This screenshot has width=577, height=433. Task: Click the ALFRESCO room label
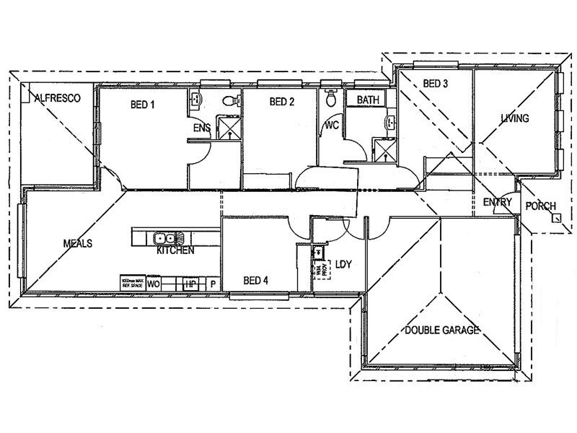(x=56, y=97)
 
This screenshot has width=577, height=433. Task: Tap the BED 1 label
(x=142, y=105)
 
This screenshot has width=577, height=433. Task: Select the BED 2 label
(x=282, y=102)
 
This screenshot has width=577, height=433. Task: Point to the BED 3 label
(x=436, y=84)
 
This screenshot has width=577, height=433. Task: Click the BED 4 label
(x=256, y=281)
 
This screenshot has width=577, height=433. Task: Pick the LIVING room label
(x=515, y=118)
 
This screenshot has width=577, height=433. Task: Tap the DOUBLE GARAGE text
(x=442, y=331)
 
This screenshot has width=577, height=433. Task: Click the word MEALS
(x=78, y=244)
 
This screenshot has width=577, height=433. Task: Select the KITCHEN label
(x=175, y=252)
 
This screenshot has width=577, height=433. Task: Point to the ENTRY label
(x=498, y=202)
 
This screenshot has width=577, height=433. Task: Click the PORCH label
(x=541, y=206)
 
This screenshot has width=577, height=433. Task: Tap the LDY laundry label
(x=343, y=265)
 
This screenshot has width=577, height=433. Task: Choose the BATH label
(x=368, y=100)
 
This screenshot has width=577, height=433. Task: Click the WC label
(x=332, y=125)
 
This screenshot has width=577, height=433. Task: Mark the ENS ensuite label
(x=201, y=128)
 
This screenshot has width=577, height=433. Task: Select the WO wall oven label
(x=154, y=284)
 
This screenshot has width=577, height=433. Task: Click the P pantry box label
(x=213, y=284)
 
